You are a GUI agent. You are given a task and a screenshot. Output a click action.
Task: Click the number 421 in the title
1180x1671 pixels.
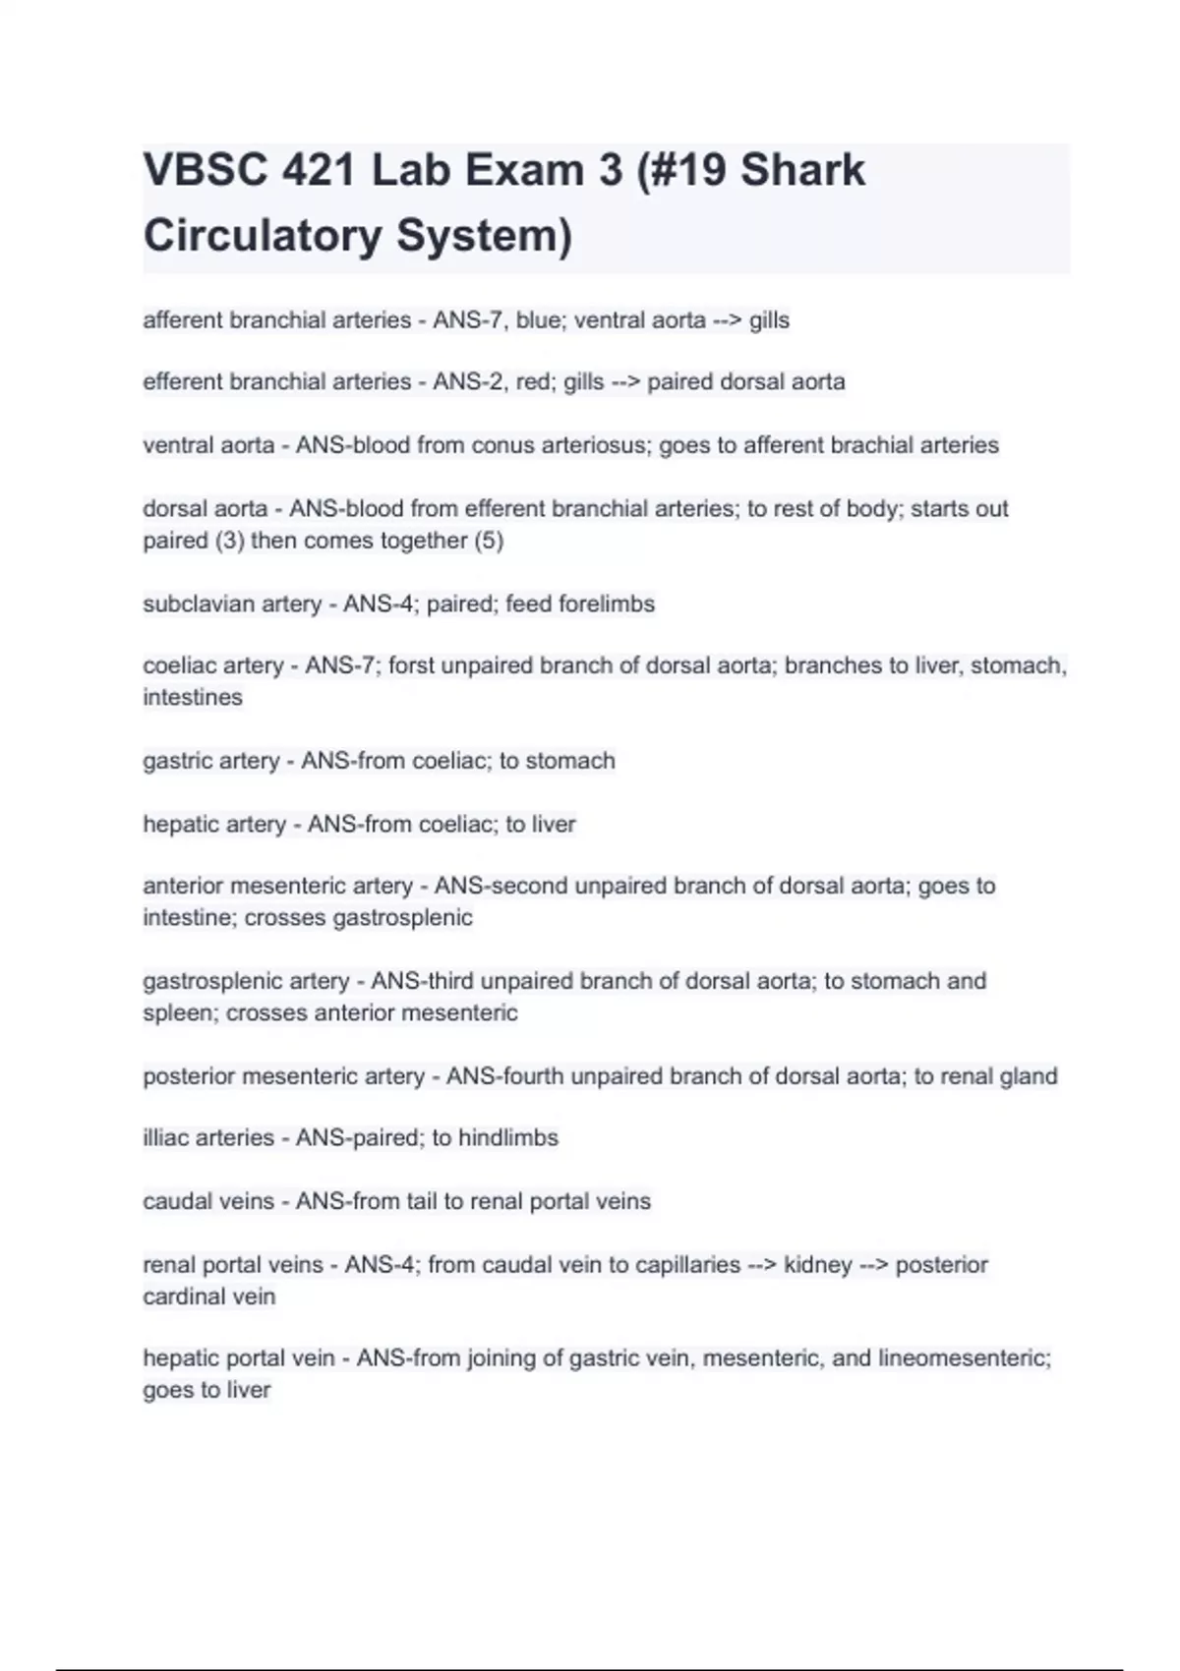pyautogui.click(x=319, y=170)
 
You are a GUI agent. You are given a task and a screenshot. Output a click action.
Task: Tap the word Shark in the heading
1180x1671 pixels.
pyautogui.click(x=802, y=170)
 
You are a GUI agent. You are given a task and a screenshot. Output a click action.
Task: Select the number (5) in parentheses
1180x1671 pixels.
pyautogui.click(x=489, y=541)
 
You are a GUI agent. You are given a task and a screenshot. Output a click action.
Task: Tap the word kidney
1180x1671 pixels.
pyautogui.click(x=817, y=1264)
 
